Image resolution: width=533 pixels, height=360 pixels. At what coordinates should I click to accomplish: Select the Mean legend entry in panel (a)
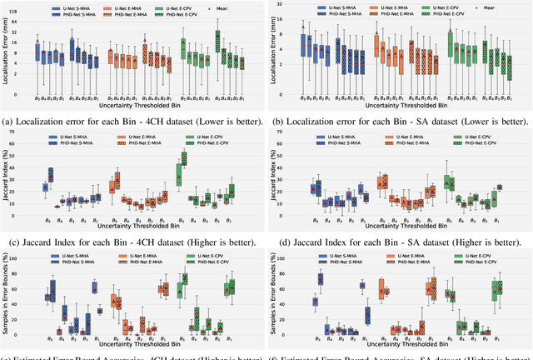tap(225, 8)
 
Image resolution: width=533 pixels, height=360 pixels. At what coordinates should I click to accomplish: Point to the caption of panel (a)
tap(133, 122)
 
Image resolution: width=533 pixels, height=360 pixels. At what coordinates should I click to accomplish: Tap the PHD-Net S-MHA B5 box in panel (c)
tap(51, 175)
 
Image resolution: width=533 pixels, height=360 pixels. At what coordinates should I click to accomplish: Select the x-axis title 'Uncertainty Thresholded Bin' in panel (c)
tap(135, 229)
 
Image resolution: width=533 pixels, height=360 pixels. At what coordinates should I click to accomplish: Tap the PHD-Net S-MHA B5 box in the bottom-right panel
tap(321, 279)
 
